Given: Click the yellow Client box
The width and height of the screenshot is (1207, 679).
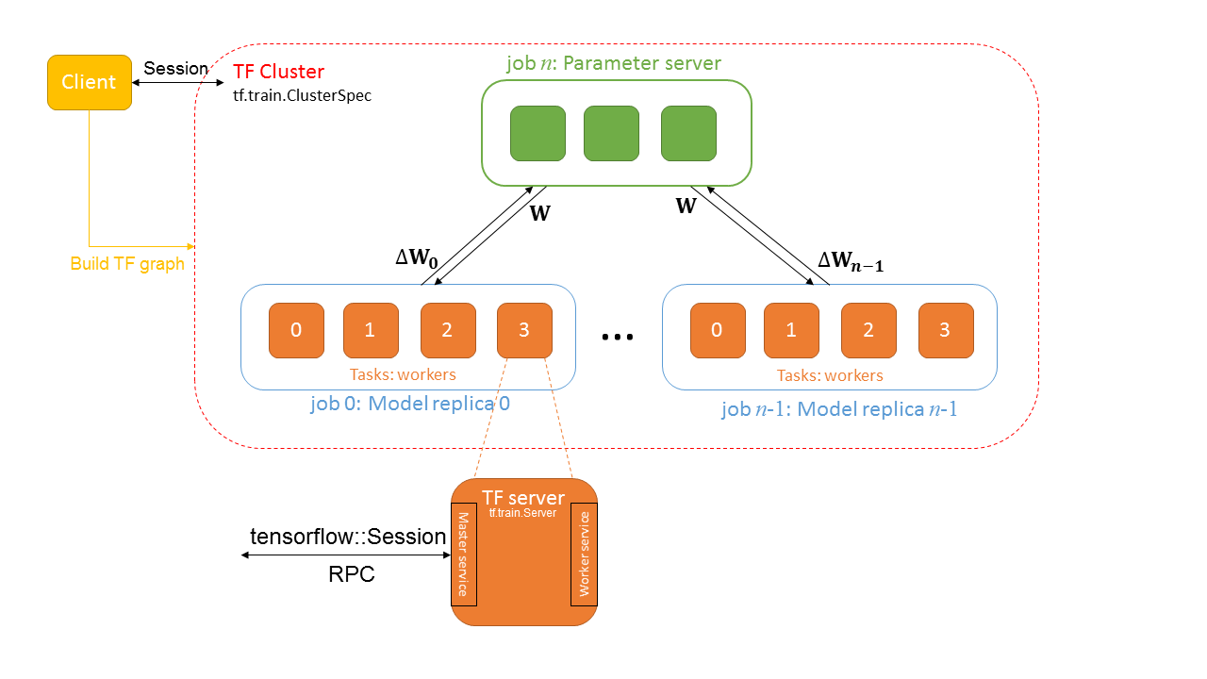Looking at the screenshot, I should (89, 82).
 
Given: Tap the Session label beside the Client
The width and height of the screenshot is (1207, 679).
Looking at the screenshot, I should (175, 69).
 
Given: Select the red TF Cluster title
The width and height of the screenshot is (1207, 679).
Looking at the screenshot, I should (278, 72).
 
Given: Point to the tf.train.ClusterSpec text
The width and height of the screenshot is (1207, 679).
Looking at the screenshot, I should (302, 95).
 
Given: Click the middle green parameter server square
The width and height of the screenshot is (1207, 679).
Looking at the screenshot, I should (611, 133).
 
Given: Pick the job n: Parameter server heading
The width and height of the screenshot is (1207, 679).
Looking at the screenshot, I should (614, 64).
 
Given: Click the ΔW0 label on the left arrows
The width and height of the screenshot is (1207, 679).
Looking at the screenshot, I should (416, 257).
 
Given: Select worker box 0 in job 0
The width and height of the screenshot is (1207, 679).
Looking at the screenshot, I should (296, 330).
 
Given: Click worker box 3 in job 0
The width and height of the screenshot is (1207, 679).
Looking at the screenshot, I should (525, 330).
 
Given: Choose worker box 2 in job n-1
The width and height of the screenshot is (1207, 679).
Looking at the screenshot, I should (868, 330).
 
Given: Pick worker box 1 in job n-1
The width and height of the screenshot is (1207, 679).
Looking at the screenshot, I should (791, 330).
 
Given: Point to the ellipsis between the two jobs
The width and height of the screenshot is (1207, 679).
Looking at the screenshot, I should (618, 336).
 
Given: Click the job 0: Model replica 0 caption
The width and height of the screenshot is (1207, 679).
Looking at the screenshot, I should (410, 404).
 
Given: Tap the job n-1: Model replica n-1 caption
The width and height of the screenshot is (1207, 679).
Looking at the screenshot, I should (839, 409).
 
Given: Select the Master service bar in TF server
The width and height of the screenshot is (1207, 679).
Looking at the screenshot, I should (463, 555).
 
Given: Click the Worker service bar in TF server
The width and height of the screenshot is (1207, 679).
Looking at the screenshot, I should (584, 555).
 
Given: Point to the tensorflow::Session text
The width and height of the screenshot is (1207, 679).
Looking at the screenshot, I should (347, 537).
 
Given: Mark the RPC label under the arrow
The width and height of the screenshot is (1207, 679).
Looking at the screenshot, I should (351, 573).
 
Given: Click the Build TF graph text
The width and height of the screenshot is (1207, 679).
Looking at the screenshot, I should (127, 264).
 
